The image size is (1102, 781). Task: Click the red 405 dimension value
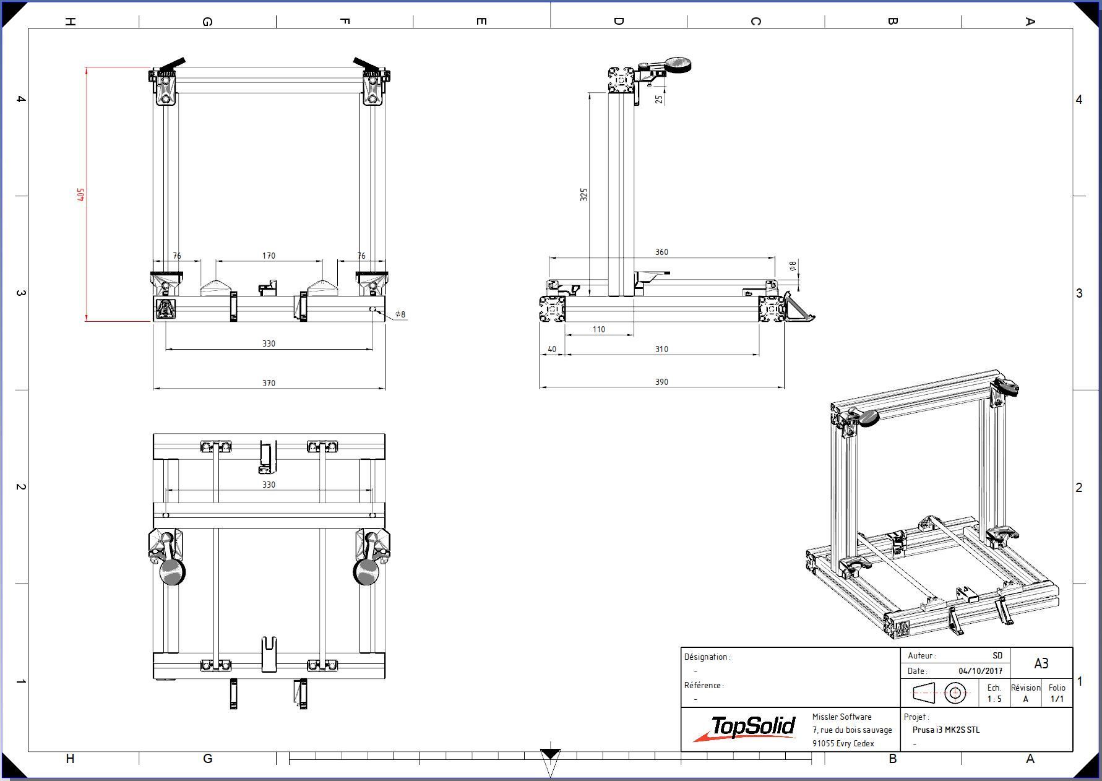click(81, 194)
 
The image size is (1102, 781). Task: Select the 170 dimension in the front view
click(269, 256)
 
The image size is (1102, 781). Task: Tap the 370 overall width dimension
click(269, 383)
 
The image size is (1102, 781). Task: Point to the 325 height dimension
click(584, 194)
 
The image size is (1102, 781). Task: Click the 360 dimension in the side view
click(661, 252)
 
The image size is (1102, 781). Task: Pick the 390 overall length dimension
click(661, 382)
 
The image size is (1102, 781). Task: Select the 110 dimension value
click(599, 329)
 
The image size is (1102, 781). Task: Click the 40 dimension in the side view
click(552, 349)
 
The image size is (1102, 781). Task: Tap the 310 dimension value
click(661, 349)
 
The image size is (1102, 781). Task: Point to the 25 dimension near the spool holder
click(660, 98)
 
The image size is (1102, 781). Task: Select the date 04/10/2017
click(980, 671)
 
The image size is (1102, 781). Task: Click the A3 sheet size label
click(1041, 663)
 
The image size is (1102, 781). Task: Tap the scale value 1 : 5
click(994, 699)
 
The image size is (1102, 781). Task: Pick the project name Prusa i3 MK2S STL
click(946, 730)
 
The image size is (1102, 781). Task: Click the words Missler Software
click(842, 717)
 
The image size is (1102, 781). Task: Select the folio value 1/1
click(1057, 699)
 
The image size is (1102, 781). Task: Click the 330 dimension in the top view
click(269, 485)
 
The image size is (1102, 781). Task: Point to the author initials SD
click(997, 655)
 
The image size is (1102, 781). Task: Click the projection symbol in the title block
click(940, 693)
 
